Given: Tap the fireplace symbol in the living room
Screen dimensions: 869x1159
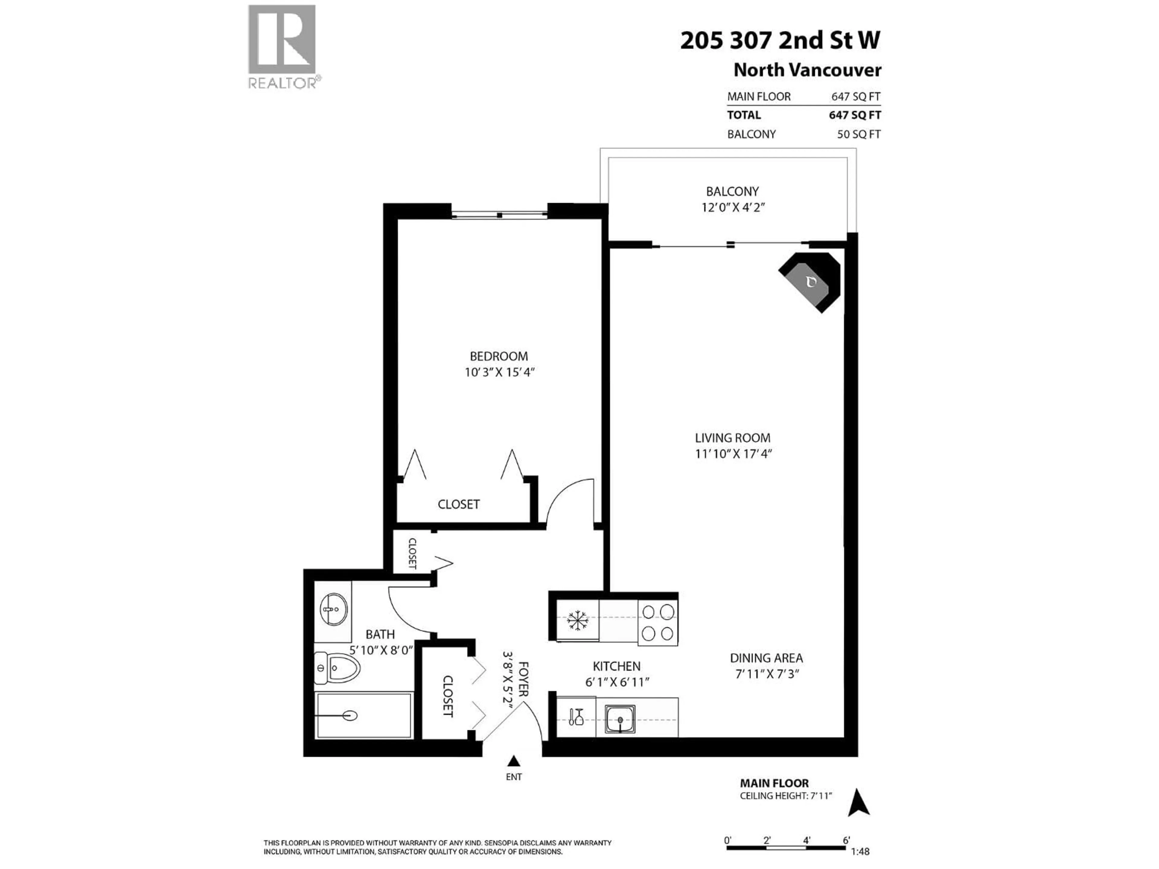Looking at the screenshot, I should click(x=811, y=283).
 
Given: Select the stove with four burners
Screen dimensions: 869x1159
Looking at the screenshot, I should click(x=658, y=622).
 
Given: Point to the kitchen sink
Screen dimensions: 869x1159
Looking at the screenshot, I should click(x=620, y=719).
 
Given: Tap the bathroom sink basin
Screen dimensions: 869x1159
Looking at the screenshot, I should click(x=333, y=609).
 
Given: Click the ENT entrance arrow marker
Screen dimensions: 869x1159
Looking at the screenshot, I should click(x=513, y=761).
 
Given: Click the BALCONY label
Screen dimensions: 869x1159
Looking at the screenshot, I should click(x=732, y=192).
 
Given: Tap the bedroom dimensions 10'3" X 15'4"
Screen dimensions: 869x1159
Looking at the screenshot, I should click(x=499, y=372).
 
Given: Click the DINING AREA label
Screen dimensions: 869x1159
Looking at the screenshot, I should click(x=766, y=658).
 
